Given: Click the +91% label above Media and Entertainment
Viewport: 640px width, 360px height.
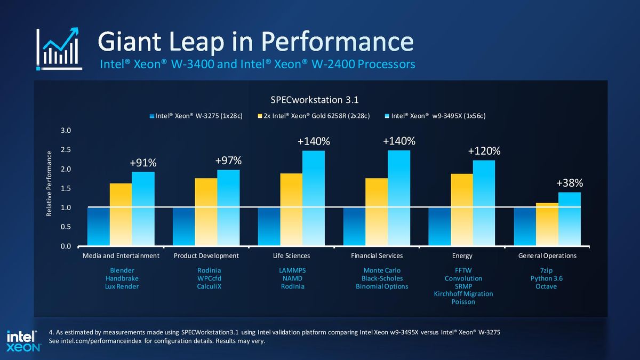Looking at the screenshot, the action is (x=143, y=163).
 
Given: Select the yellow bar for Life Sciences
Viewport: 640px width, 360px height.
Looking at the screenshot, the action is (x=291, y=210).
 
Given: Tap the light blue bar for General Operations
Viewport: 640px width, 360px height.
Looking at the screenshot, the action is (x=570, y=219).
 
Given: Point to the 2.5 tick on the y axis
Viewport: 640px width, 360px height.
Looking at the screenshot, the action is (x=66, y=150).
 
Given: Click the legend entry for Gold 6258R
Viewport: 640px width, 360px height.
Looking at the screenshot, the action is (x=314, y=116).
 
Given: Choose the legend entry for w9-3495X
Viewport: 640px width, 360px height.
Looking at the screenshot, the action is (x=435, y=116).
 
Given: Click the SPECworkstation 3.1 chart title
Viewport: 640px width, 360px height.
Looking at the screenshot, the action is (x=314, y=100).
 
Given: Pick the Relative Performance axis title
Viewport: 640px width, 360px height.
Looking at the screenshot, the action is (x=49, y=183).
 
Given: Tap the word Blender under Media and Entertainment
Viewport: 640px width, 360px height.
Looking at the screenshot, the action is (x=122, y=270).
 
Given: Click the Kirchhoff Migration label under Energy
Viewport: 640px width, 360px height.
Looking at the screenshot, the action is (x=463, y=294).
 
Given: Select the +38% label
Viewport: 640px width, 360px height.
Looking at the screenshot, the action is (x=570, y=183).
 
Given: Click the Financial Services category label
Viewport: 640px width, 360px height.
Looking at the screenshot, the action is (x=377, y=255).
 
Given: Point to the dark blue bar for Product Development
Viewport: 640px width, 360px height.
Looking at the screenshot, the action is (x=183, y=227).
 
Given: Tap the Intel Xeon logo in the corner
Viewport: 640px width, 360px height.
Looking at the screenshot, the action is (x=23, y=341).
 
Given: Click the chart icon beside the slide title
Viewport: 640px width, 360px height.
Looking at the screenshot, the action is (x=59, y=49).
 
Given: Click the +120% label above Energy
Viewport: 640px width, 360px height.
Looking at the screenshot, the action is (x=484, y=151).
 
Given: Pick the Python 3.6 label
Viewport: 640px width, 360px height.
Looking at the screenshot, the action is (x=546, y=278).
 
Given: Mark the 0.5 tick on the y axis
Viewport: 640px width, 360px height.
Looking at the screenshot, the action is (x=66, y=227).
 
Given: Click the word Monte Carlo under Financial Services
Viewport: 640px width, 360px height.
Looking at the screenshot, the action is (x=382, y=270).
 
